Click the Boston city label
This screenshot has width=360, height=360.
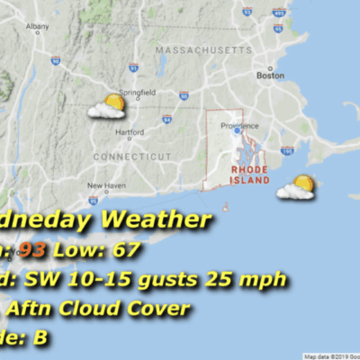coord(265,76)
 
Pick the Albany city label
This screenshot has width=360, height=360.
coord(38,27)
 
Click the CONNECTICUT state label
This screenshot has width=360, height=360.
coord(132,156)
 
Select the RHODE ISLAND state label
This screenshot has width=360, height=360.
coord(249,174)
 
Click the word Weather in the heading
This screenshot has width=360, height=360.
coord(157,219)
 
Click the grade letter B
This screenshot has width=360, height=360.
coord(40,338)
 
